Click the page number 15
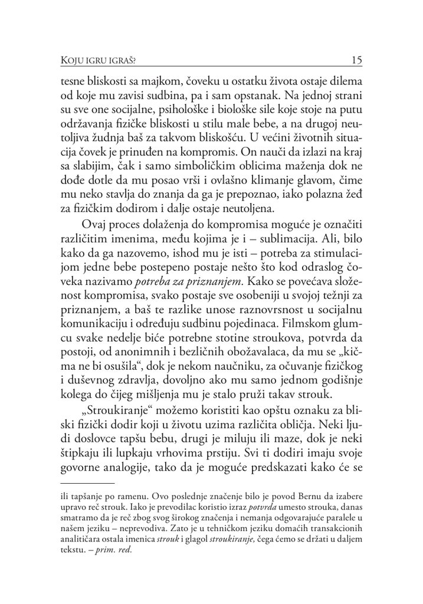[x=356, y=60]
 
